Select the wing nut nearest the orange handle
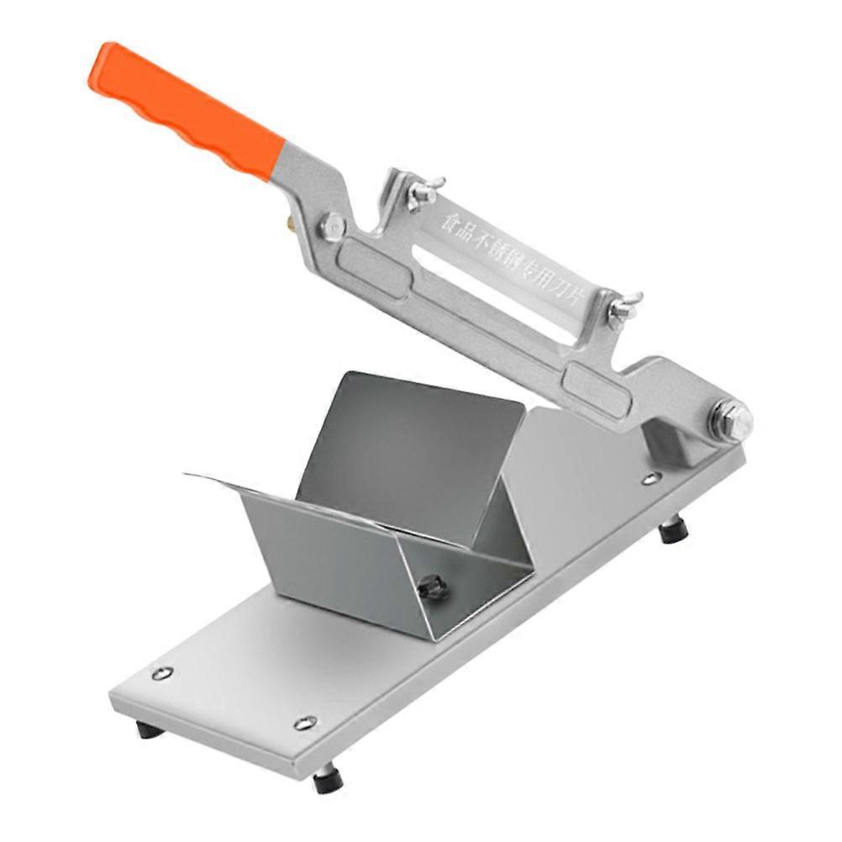pos(423,192)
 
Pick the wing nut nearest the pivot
pos(624,308)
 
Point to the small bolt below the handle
pos(333,227)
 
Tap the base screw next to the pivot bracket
pos(650,479)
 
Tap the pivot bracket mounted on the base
pos(672,441)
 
